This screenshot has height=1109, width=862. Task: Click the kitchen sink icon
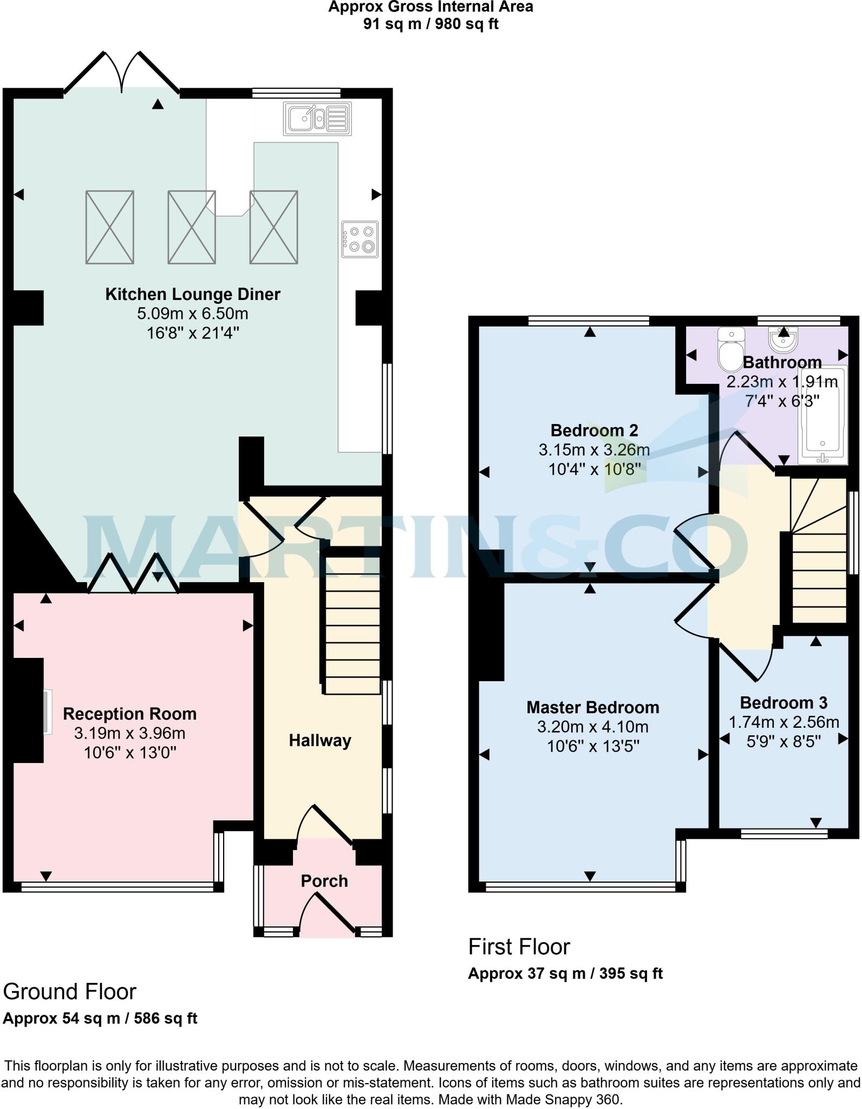click(x=317, y=119)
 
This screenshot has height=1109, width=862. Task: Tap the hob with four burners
click(x=360, y=239)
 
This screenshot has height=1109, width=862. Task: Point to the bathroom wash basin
click(x=782, y=340)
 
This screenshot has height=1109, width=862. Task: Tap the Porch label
click(x=324, y=881)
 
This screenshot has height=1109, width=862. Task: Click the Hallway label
click(x=320, y=740)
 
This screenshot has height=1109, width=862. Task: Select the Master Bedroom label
click(x=593, y=707)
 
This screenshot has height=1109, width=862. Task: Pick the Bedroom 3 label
click(x=783, y=703)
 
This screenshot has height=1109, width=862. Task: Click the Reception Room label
click(x=129, y=714)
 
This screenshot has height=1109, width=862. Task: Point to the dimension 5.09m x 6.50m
click(x=193, y=314)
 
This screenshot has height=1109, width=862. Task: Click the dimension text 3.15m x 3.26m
click(x=594, y=450)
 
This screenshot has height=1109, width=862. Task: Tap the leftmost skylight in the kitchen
click(x=110, y=227)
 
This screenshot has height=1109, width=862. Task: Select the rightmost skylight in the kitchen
click(x=273, y=227)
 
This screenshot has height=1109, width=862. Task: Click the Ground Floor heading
click(x=69, y=991)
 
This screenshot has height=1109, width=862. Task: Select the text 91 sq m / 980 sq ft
click(x=430, y=24)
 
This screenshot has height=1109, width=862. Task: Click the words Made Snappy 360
click(x=564, y=1100)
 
